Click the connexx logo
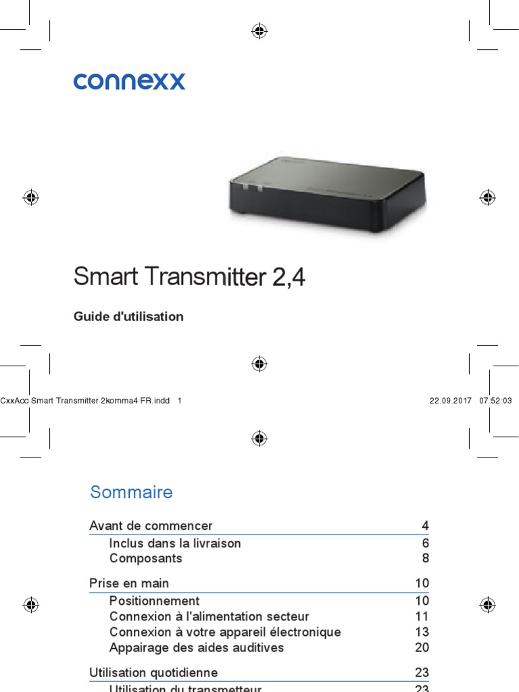(129, 82)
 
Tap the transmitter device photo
(328, 195)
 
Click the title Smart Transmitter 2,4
(189, 277)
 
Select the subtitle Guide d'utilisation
(128, 316)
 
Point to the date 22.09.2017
(450, 401)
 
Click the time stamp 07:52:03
(495, 401)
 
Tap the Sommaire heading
(131, 492)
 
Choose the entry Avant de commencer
(151, 526)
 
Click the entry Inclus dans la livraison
(175, 543)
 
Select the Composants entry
(145, 559)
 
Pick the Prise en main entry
(129, 583)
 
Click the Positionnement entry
(154, 601)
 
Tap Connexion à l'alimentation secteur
(209, 616)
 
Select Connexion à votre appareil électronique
(225, 632)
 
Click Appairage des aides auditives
(196, 647)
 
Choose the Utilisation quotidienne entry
(153, 672)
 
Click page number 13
(422, 632)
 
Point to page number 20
(422, 647)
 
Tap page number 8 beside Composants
(425, 559)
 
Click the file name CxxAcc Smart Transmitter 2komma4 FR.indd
(84, 401)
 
